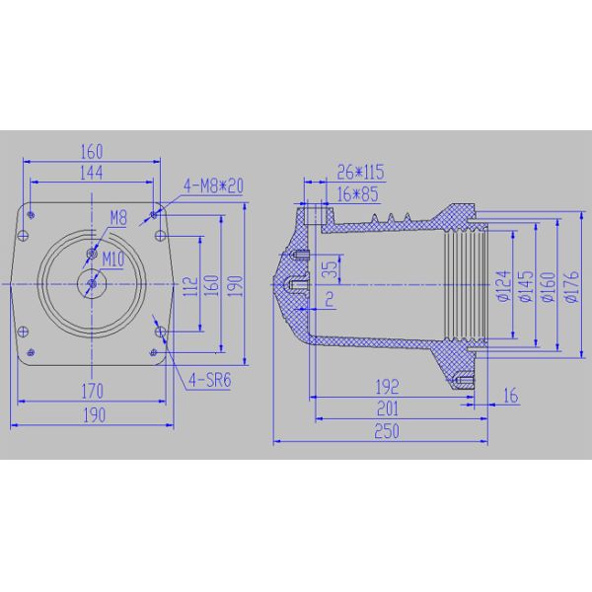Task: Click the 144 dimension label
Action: tap(92, 171)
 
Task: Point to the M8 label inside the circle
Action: tap(117, 218)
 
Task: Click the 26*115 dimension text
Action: tap(360, 173)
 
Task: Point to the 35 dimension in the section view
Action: tap(331, 266)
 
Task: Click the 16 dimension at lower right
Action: tap(510, 396)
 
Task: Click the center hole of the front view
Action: tap(91, 283)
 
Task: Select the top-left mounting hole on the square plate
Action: tap(33, 213)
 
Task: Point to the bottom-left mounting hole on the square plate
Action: tap(33, 354)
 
